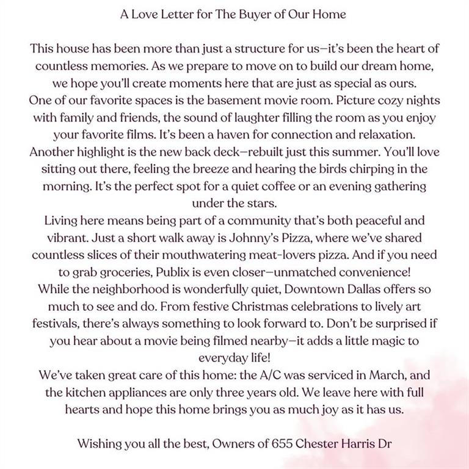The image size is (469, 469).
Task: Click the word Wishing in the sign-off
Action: click(100, 444)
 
